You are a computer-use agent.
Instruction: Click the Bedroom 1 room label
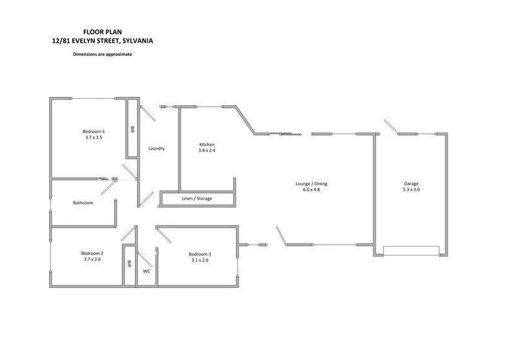93,131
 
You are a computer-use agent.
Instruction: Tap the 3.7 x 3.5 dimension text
93,137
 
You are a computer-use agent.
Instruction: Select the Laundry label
156,148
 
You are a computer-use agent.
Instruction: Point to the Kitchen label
207,145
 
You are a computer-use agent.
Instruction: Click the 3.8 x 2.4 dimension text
207,150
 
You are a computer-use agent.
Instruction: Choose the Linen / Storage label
197,199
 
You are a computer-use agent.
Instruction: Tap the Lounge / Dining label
311,184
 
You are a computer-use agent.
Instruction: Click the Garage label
411,184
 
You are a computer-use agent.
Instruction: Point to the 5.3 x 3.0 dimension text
411,189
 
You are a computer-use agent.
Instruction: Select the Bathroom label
83,203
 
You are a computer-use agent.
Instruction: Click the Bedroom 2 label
92,254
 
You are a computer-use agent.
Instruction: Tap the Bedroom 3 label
199,254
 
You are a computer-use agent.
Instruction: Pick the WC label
147,271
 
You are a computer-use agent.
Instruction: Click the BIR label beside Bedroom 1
133,129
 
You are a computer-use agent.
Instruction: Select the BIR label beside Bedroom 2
129,263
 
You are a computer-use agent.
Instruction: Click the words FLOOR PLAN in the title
103,31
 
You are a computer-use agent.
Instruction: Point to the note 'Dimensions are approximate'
103,54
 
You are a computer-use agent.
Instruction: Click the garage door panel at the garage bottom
411,252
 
